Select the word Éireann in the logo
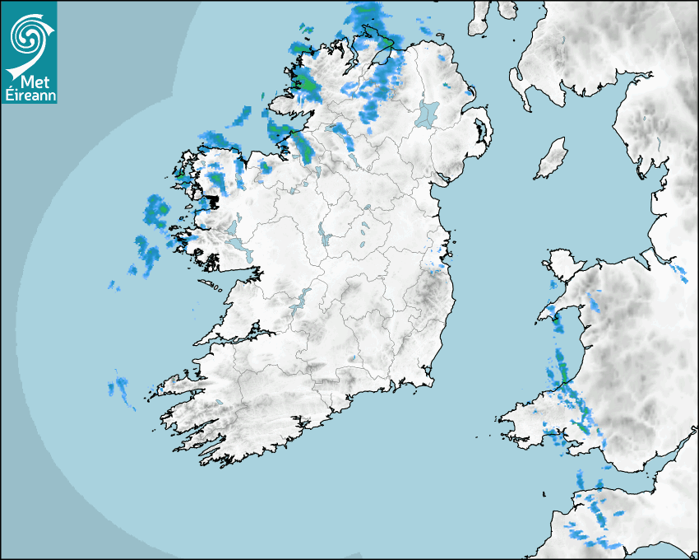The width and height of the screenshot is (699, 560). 30,95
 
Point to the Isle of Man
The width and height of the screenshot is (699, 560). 552,159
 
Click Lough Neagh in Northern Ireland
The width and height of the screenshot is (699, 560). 428,113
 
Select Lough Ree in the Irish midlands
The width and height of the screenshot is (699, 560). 325,240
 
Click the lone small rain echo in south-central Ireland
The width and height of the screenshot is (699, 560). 351,359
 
